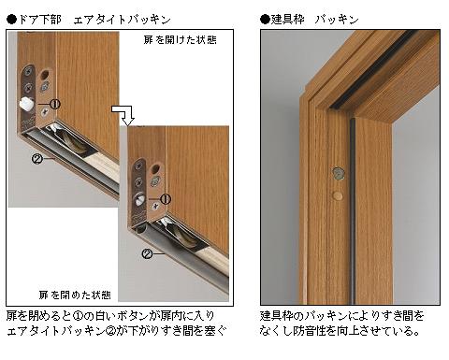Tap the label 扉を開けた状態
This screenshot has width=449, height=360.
(180, 40)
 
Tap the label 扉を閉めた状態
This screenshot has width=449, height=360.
(75, 295)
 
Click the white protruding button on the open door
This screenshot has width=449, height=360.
(25, 104)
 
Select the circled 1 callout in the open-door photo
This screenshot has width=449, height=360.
(55, 104)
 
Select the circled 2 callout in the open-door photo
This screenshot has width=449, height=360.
(37, 159)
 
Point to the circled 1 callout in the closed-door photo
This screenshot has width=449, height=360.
(166, 199)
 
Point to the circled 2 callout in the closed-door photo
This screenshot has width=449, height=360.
(147, 253)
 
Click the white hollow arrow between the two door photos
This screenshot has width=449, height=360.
(124, 115)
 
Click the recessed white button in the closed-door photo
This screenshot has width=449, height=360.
(139, 200)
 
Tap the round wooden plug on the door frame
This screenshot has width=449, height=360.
(338, 195)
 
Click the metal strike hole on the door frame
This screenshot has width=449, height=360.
(338, 174)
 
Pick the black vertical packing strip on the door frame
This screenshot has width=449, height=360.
(352, 211)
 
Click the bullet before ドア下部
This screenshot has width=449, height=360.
(11, 20)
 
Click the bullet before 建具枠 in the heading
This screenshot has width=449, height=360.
(266, 20)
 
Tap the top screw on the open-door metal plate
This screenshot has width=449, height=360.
(30, 72)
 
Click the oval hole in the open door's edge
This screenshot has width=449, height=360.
(46, 74)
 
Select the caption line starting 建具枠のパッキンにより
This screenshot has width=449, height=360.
(342, 316)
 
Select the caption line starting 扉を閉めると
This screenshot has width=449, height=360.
(110, 316)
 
